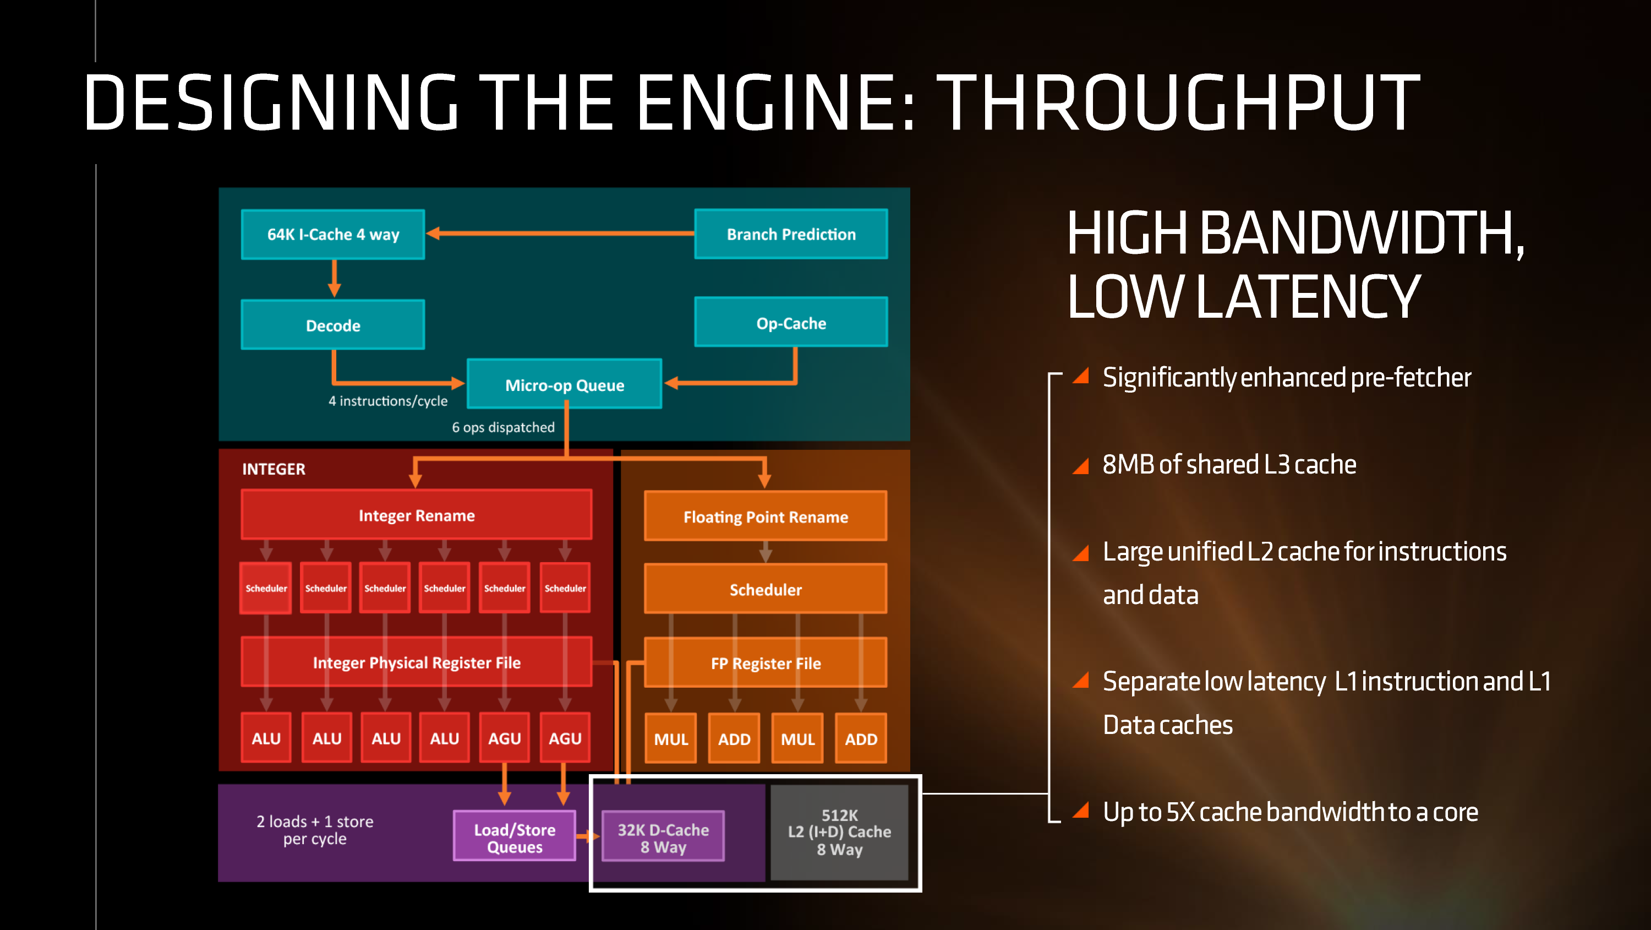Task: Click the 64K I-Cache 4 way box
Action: [332, 234]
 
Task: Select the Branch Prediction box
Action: [791, 234]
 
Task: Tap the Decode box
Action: [332, 325]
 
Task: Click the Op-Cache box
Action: [791, 323]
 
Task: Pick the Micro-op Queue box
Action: [564, 384]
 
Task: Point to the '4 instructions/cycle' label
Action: [388, 401]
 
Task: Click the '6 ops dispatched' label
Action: [503, 427]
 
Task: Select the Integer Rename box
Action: [416, 515]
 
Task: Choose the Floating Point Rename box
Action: [766, 516]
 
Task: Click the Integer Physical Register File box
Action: [416, 662]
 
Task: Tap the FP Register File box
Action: [766, 662]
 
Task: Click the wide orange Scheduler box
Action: [766, 589]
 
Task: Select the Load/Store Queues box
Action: [514, 837]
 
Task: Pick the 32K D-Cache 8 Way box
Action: [663, 837]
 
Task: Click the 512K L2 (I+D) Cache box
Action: [839, 832]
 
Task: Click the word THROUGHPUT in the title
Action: [1178, 102]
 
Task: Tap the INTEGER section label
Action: [274, 469]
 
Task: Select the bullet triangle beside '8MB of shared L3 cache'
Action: [1081, 466]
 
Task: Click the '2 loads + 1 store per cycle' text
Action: [315, 829]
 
